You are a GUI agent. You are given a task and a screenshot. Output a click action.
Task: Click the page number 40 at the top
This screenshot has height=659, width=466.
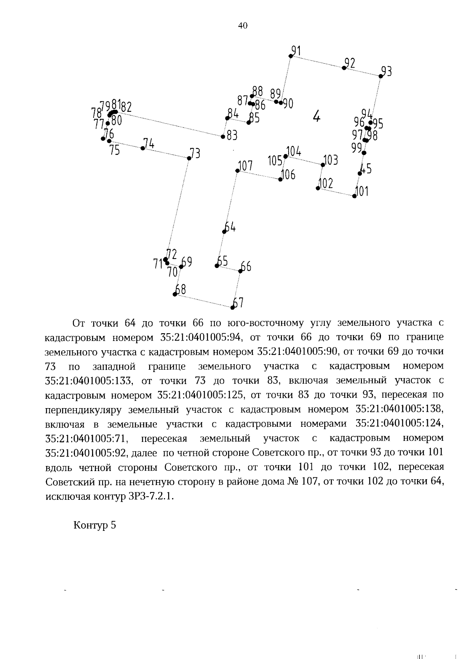242,26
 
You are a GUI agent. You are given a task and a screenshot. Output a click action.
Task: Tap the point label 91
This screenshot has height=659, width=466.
297,50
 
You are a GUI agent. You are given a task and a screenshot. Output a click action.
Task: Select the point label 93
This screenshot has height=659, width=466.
386,71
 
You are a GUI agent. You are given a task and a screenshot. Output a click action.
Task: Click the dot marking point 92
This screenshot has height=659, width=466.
344,68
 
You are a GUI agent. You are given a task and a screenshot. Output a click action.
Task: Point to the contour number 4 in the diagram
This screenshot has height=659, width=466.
317,115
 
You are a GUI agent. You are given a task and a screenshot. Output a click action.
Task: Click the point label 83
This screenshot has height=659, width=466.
232,136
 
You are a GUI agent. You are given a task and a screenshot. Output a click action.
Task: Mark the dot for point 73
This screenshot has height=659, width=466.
189,158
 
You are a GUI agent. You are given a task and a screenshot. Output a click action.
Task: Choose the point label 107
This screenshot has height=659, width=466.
245,166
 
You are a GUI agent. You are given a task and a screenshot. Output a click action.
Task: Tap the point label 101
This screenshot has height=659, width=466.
362,191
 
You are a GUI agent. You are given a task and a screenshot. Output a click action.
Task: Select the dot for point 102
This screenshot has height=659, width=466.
318,188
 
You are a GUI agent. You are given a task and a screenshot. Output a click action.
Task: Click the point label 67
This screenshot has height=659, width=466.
238,302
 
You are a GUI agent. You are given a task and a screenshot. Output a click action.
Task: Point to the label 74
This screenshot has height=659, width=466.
149,143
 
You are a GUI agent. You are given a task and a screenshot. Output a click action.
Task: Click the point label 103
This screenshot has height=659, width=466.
331,160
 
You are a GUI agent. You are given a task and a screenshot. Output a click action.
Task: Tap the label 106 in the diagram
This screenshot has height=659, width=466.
289,175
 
